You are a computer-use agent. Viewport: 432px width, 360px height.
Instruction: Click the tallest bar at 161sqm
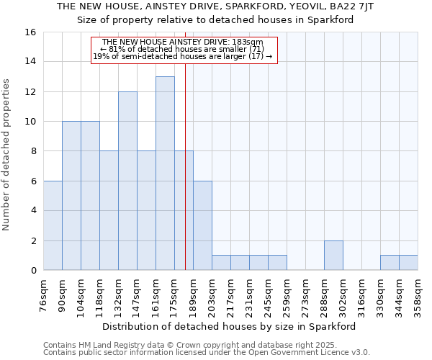point(165,174)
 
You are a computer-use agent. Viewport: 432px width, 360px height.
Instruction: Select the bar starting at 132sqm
point(127,181)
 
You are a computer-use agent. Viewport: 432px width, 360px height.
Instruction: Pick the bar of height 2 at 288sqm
point(333,256)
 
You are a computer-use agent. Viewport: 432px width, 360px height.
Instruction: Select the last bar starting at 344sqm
point(408,263)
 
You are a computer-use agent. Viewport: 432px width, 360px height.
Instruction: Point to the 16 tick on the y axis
point(30,32)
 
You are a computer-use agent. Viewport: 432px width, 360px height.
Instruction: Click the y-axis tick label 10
point(30,122)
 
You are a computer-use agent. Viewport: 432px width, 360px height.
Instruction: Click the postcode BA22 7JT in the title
point(356,6)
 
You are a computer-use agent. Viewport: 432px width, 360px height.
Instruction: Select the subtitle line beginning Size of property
point(215,19)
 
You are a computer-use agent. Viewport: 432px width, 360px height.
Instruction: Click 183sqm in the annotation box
point(248,42)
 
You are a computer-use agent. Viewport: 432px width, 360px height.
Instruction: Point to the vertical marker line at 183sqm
point(185,180)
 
